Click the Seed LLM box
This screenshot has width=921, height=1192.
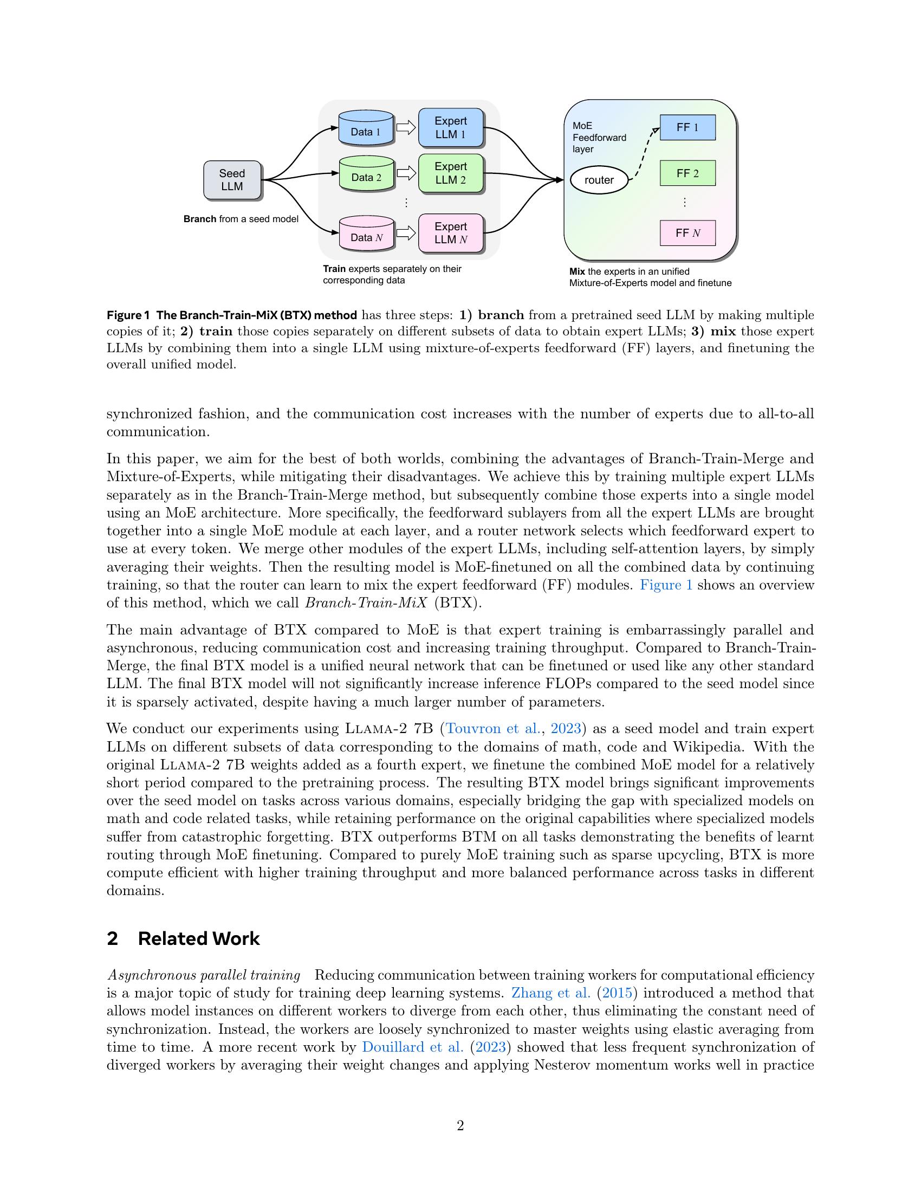[232, 179]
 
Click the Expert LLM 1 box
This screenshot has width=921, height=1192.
[451, 128]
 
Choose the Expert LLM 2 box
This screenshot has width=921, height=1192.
[451, 173]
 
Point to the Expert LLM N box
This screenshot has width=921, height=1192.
[451, 233]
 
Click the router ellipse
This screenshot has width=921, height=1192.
[599, 180]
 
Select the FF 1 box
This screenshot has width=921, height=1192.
[687, 127]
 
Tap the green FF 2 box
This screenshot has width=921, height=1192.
[687, 173]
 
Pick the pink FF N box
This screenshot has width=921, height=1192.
[687, 233]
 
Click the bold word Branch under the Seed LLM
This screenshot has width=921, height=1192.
[200, 219]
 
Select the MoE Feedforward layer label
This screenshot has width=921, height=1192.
[599, 138]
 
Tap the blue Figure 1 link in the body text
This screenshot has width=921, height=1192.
[666, 585]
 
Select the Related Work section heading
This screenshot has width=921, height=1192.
[199, 939]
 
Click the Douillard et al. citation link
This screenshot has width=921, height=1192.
[412, 1047]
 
